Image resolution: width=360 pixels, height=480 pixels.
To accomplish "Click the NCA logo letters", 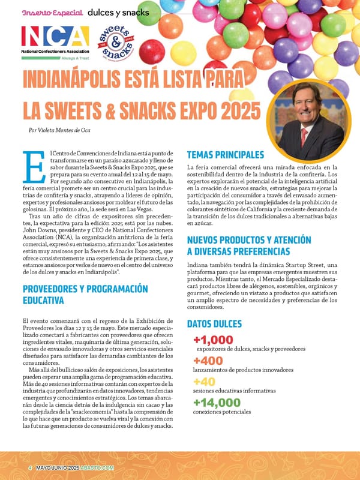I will click(x=55, y=38).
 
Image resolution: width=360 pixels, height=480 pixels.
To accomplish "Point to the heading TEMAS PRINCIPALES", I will click(x=226, y=154).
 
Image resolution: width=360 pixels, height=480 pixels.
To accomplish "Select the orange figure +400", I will click(x=208, y=361).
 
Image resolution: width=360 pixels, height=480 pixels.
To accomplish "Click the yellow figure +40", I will click(x=205, y=382).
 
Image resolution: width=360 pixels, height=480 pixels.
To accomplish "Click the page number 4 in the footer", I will click(x=29, y=467).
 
